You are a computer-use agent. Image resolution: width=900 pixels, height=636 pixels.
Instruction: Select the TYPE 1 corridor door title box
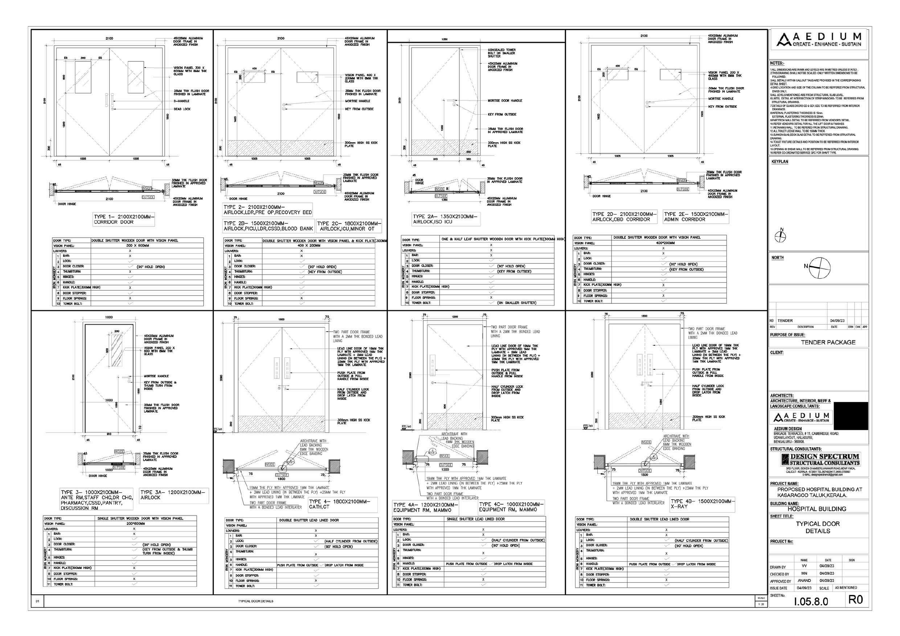[124, 219]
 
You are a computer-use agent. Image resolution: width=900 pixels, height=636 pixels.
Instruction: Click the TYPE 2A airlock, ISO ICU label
[446, 219]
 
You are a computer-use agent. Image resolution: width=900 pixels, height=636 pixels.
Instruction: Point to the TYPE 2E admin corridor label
[696, 217]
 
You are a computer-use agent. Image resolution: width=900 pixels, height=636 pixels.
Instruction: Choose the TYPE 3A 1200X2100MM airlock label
[173, 495]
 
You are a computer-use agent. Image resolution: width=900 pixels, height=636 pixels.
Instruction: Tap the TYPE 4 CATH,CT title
[339, 504]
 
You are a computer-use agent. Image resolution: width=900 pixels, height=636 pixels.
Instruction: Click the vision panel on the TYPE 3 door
[116, 350]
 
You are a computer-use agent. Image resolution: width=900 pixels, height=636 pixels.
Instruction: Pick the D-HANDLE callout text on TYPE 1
[181, 101]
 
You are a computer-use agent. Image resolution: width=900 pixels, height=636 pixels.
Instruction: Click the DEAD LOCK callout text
[182, 109]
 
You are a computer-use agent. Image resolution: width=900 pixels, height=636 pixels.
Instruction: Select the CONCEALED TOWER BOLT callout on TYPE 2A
[502, 53]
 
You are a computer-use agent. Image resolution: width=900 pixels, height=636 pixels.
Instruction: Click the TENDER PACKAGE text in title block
[828, 342]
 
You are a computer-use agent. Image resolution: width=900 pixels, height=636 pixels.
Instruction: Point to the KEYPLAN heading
[780, 161]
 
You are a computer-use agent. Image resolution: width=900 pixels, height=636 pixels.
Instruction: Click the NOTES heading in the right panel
[777, 63]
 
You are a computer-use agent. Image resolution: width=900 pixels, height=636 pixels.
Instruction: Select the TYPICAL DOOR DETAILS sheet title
[818, 527]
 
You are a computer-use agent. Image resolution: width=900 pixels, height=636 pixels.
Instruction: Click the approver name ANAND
[804, 580]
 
